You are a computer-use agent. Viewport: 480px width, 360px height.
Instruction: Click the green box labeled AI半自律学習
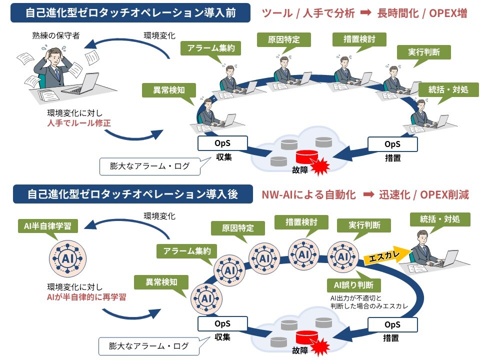[x=47, y=225]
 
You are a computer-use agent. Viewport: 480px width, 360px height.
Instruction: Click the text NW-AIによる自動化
[x=308, y=194]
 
